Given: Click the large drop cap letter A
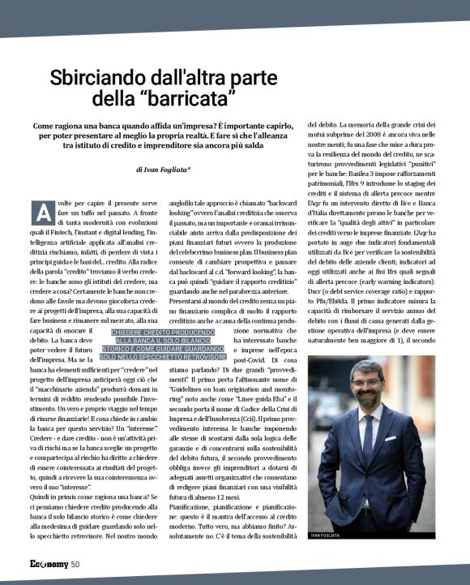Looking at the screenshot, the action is [41, 211].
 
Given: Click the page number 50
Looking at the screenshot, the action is [75, 564].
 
